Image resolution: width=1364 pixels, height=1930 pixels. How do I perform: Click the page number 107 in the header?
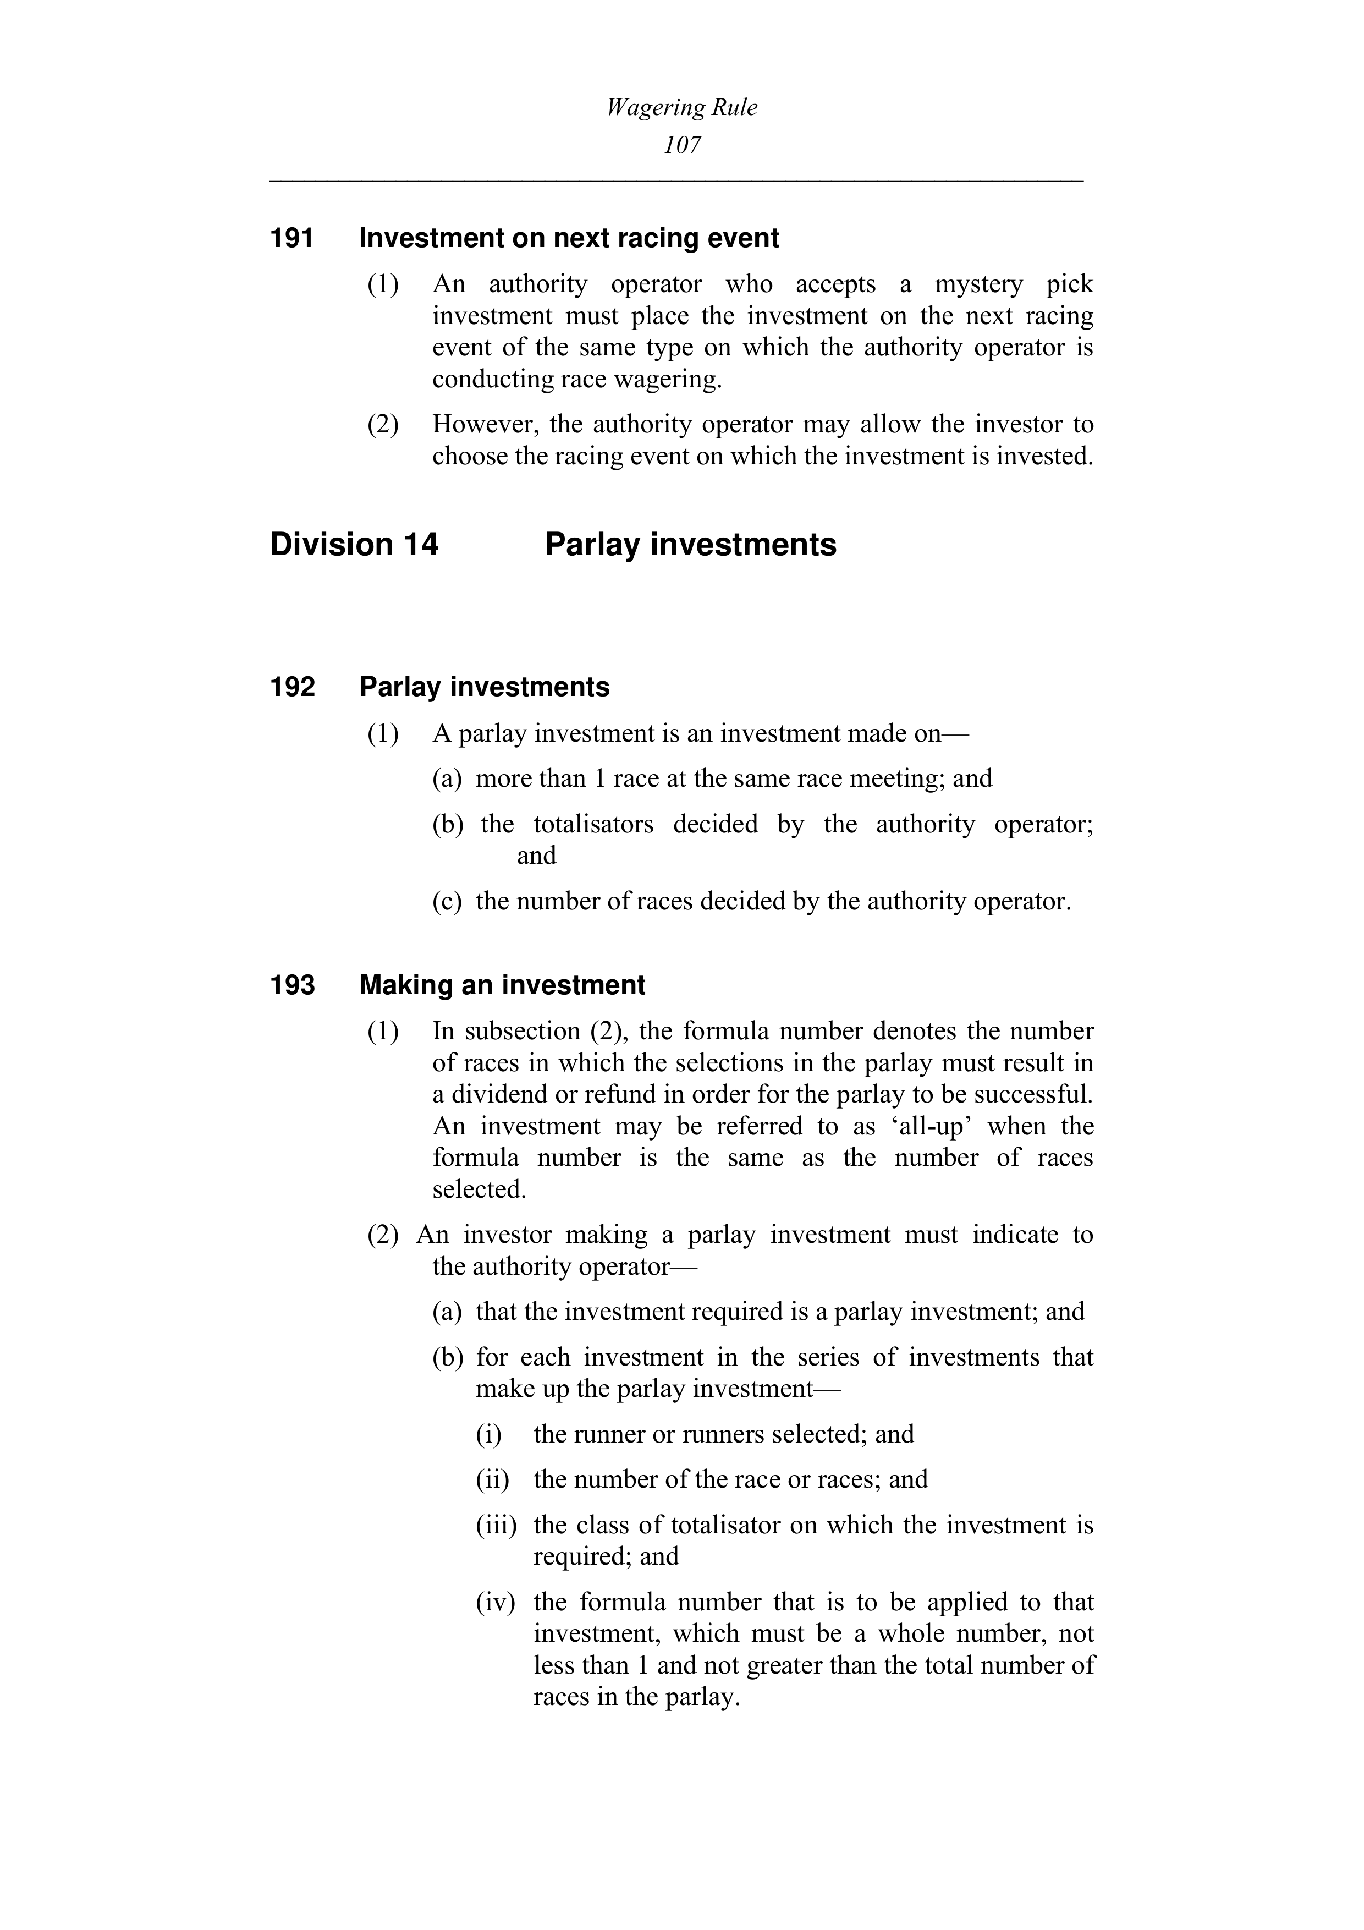pos(681,145)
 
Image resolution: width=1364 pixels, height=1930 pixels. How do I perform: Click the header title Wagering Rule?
pos(681,108)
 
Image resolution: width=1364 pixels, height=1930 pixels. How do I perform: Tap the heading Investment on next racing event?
pos(569,239)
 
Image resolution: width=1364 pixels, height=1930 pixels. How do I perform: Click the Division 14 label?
pos(354,545)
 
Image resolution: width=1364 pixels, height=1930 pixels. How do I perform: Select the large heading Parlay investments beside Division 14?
pos(690,545)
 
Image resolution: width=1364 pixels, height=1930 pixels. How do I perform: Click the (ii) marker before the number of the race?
pos(492,1479)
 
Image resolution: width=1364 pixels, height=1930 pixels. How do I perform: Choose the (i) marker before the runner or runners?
pos(488,1434)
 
